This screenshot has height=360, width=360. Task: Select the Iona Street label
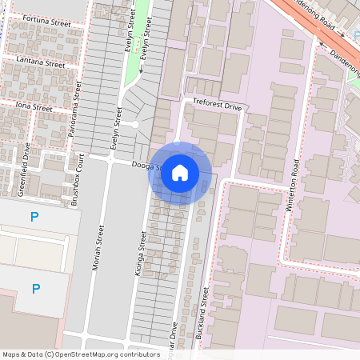(32, 107)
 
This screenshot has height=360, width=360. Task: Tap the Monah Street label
(100, 248)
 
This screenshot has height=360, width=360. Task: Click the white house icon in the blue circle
(180, 172)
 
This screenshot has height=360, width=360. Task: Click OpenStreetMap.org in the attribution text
(85, 354)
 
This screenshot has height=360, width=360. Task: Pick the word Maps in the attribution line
(12, 354)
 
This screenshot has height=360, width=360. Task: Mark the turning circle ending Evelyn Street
(134, 124)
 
